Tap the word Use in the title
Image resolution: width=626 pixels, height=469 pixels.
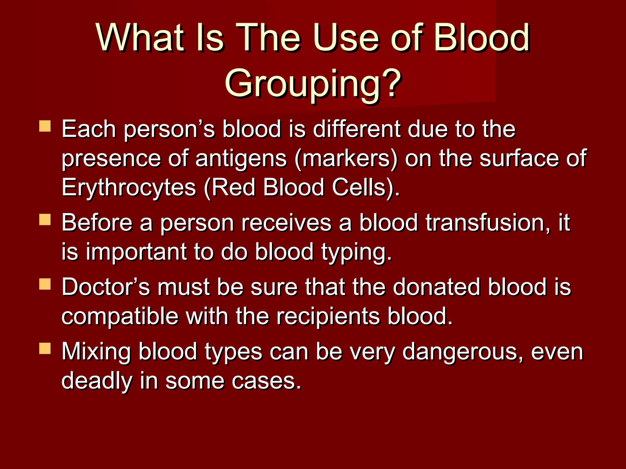pyautogui.click(x=348, y=38)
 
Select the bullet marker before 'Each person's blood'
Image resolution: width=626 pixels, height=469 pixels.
pyautogui.click(x=45, y=126)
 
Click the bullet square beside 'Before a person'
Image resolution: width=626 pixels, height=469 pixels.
pyautogui.click(x=45, y=219)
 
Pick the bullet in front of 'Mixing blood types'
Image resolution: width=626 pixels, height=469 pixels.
pyautogui.click(x=45, y=348)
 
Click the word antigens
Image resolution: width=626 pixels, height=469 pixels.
pyautogui.click(x=241, y=159)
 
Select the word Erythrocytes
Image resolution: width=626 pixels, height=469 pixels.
pyautogui.click(x=129, y=187)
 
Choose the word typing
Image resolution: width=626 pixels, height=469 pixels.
pyautogui.click(x=356, y=252)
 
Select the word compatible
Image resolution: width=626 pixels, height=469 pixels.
pyautogui.click(x=120, y=316)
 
